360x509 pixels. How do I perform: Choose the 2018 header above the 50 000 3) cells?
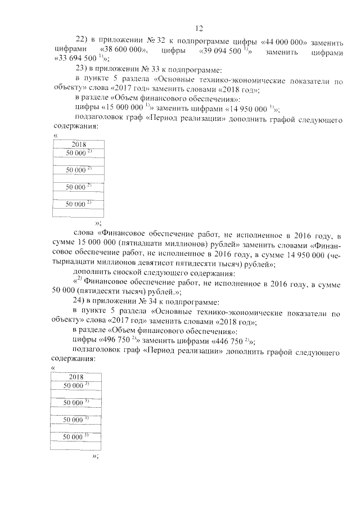75,376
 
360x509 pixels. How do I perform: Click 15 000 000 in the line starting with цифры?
121,109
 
